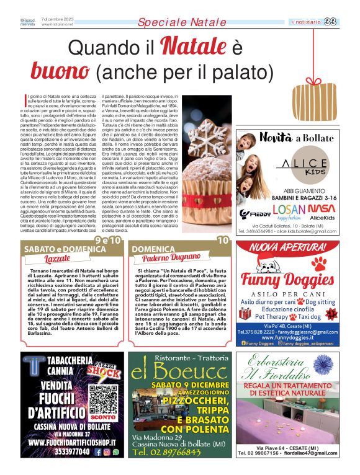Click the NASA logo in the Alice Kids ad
click(x=322, y=208)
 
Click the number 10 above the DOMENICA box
click(x=223, y=241)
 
